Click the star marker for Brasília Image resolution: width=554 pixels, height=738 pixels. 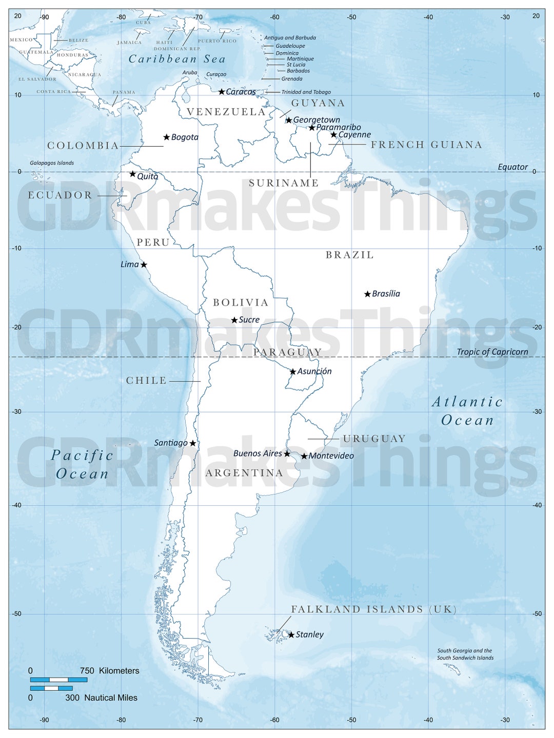coord(367,294)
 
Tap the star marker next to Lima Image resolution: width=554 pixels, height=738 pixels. coord(144,265)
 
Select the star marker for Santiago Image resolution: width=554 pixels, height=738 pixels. coord(193,443)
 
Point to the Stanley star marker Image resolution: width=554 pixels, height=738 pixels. coord(291,635)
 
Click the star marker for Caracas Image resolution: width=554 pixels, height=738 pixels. coord(222,92)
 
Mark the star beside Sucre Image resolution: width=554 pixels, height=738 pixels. coord(234,320)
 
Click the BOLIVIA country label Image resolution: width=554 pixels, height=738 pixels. coord(241,303)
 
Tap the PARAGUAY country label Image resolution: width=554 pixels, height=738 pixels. coord(287,352)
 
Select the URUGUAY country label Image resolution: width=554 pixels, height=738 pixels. coord(374,439)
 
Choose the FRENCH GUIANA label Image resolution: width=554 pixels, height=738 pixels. coord(426,145)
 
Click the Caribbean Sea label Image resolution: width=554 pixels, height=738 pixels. coord(177,59)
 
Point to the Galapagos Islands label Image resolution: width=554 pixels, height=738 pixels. coord(52,163)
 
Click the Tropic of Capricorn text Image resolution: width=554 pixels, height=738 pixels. coord(492,352)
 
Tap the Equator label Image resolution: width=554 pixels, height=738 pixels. coord(512,167)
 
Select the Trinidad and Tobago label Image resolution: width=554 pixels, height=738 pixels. coord(306,92)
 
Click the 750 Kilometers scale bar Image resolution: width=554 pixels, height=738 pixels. coord(58,680)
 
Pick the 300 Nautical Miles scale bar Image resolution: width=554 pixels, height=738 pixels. coord(51,688)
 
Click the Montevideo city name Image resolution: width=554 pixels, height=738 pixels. coord(331,456)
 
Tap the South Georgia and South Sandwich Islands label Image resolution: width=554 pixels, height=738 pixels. coord(465,654)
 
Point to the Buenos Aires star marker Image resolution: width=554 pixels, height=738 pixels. coord(287,454)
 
